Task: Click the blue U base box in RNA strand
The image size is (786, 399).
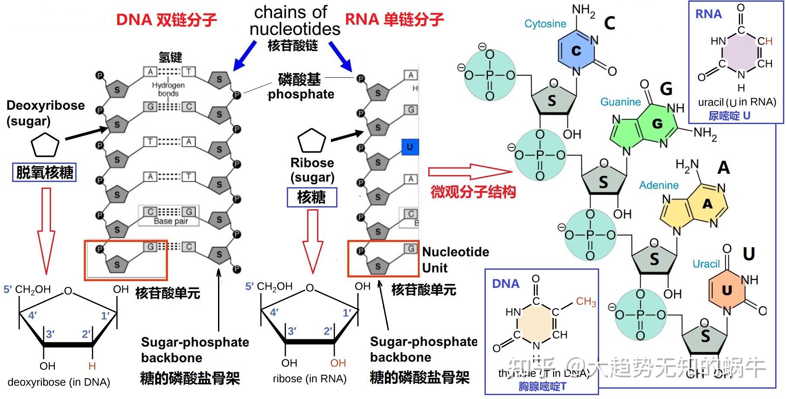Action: (409, 147)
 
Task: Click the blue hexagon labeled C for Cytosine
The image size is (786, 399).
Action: (576, 51)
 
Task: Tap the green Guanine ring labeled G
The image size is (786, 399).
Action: (657, 124)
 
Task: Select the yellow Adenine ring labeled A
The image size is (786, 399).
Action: (707, 204)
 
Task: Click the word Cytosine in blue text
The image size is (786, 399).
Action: (545, 24)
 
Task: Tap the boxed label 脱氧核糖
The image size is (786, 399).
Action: (45, 172)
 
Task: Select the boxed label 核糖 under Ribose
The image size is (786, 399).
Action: (311, 197)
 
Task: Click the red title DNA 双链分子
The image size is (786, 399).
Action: (167, 19)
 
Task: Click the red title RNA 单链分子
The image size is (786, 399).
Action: (394, 19)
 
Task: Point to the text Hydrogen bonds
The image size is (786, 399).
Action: (168, 89)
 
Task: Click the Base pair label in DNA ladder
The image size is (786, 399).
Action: (171, 221)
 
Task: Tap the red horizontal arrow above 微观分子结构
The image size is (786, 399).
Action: (469, 172)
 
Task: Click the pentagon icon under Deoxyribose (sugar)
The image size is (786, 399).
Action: (45, 145)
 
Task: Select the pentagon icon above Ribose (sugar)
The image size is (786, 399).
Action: (311, 141)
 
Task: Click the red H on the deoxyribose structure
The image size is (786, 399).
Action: (92, 366)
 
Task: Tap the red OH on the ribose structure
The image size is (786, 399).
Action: (338, 363)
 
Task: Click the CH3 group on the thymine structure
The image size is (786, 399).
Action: (586, 301)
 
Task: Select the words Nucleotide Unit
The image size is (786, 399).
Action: (455, 259)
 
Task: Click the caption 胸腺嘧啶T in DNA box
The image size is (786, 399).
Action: (542, 386)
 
